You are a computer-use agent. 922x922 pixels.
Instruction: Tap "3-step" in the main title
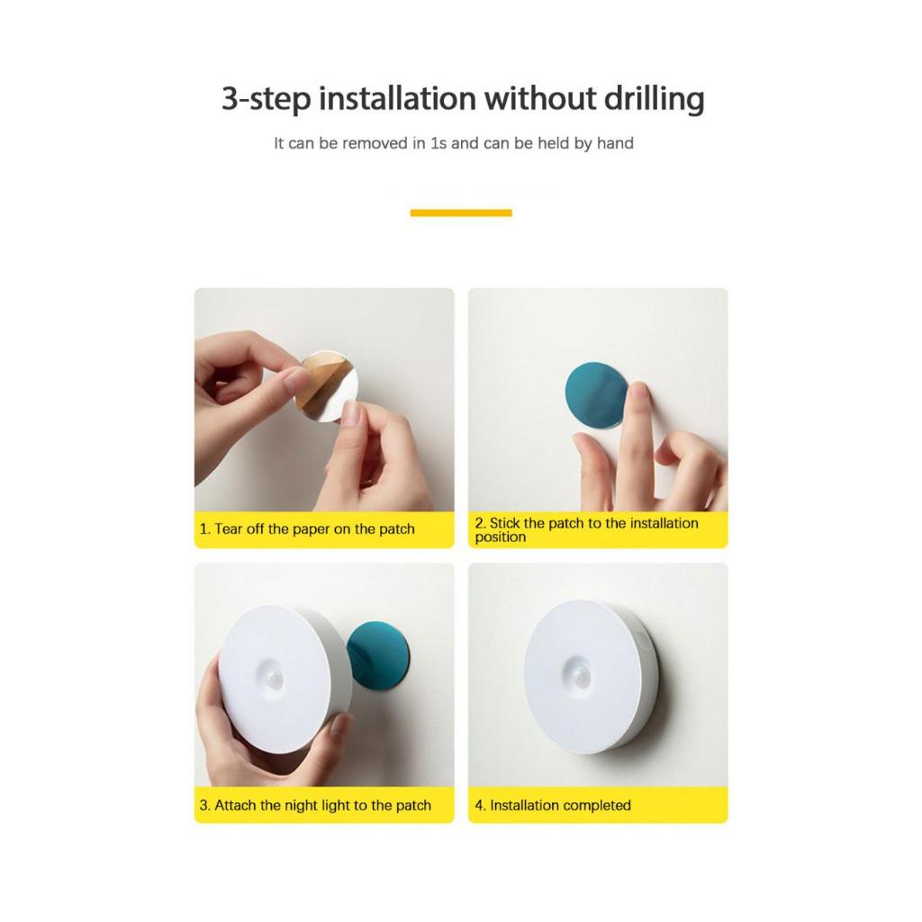[267, 99]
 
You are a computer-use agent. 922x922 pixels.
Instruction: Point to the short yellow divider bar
[461, 212]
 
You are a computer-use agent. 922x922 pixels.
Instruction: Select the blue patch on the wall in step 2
[595, 395]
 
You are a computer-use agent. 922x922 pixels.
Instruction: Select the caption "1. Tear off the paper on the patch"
[307, 529]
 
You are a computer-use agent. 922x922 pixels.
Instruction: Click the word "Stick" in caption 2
[504, 523]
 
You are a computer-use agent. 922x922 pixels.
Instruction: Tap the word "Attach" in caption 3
[235, 805]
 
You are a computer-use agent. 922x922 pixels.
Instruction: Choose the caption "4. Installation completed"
[553, 805]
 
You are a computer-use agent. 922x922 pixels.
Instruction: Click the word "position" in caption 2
[501, 538]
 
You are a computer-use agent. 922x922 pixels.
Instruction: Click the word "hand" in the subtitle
[615, 143]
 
